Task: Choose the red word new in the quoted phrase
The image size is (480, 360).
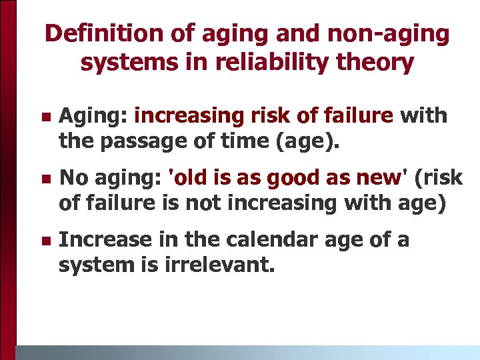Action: click(x=380, y=178)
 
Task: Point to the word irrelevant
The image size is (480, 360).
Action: click(x=217, y=265)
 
